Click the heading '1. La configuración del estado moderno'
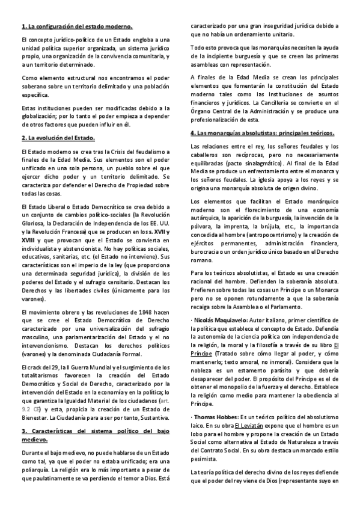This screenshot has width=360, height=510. pos(76,27)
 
